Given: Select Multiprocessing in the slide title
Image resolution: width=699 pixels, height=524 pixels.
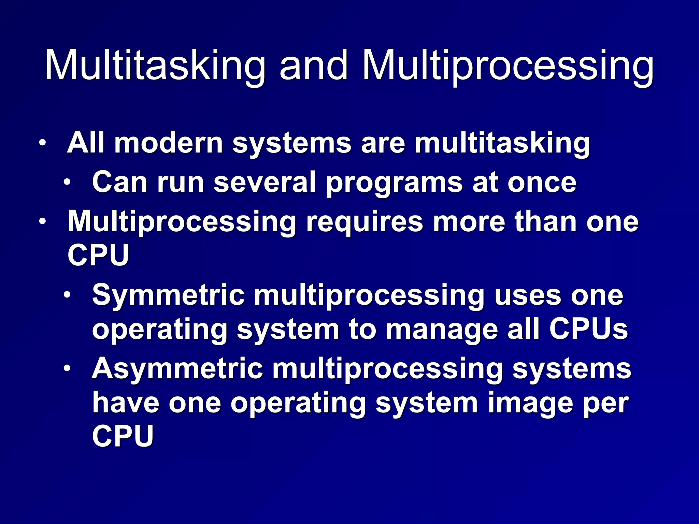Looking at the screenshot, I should [508, 65].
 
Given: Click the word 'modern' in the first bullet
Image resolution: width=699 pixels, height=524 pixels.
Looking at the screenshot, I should [169, 143].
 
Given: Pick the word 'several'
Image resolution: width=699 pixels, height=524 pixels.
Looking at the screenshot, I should [265, 183].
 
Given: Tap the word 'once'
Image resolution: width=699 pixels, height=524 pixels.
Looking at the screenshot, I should [542, 183].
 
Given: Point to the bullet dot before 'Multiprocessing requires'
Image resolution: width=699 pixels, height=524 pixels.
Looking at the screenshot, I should [42, 222].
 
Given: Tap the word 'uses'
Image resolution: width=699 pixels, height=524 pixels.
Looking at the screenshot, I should [528, 295].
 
